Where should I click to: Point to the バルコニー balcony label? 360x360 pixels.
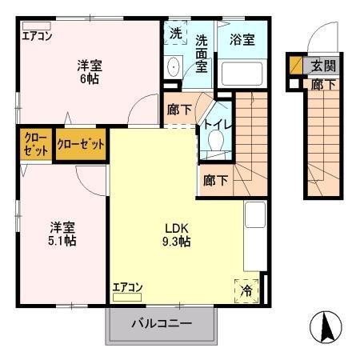point(162,324)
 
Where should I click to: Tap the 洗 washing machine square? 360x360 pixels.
point(175,34)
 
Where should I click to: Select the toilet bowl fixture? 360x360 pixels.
point(214,142)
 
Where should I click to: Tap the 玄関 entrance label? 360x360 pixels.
point(324,66)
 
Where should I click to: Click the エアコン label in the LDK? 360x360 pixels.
point(127,286)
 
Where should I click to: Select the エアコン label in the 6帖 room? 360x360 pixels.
point(37,35)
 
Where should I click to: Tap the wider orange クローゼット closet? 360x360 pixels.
point(81,145)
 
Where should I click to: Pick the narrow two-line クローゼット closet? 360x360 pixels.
point(33,144)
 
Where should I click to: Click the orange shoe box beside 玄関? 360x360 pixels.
point(296,65)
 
